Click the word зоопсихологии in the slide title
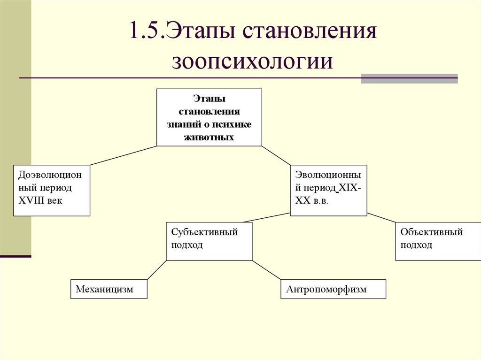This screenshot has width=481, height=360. pos(252,61)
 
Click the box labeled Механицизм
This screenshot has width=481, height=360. pos(109,289)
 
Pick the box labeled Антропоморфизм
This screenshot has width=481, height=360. pos(333,289)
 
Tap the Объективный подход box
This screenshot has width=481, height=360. pos(432,241)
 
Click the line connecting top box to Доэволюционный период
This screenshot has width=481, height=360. pos(123,155)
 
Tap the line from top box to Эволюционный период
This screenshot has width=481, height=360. pos(276,155)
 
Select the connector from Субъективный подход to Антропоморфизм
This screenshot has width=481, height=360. pos(266,270)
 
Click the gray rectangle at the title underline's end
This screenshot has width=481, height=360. pos(409,78)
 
